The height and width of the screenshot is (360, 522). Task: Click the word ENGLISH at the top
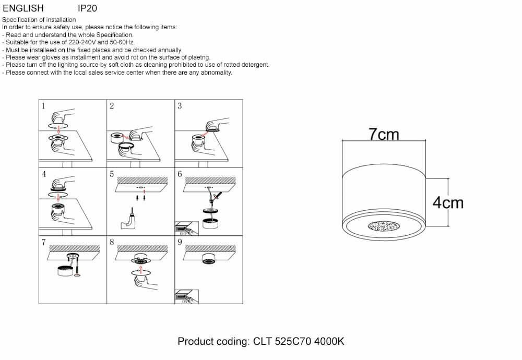coord(23,8)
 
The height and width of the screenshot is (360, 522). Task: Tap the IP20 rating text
coord(87,8)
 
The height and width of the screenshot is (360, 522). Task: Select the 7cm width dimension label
coord(384,135)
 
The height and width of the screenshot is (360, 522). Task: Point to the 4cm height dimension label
coord(448,202)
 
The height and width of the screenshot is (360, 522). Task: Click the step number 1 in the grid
coord(43,106)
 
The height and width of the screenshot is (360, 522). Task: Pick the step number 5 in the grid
coord(112,174)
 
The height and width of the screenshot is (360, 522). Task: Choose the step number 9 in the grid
coord(180,242)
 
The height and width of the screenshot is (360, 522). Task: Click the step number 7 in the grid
coord(43,242)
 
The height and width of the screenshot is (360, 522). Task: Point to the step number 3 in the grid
coord(180,106)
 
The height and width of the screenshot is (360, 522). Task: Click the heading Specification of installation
coord(39,20)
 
